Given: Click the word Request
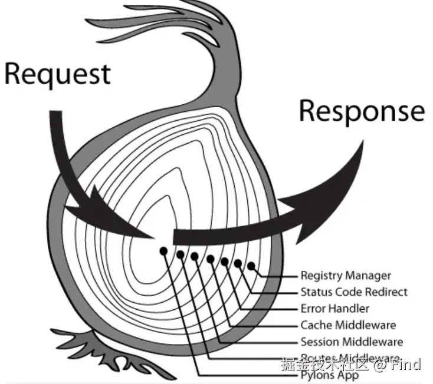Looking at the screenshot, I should tap(57, 74).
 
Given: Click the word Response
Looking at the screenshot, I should tap(362, 111).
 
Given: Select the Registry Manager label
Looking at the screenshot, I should tap(345, 275).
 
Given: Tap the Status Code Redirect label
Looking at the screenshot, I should tap(353, 292).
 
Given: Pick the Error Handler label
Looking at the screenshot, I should tap(334, 308).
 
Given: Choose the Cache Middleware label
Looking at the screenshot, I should tap(348, 325).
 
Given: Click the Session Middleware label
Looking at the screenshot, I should tap(352, 342).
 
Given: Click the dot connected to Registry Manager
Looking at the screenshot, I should tap(252, 266).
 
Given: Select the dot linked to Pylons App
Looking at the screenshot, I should tap(163, 251).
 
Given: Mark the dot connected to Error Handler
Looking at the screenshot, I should tap(225, 261).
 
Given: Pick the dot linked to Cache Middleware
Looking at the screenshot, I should tap(211, 258).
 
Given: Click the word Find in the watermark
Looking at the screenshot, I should tap(406, 364).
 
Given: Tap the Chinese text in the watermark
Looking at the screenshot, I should tap(324, 364).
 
